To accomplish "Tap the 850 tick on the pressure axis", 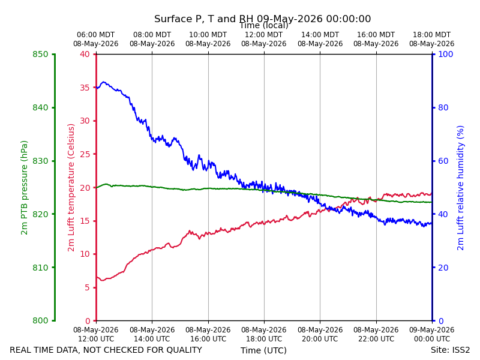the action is (40, 54).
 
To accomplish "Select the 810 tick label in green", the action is (40, 268).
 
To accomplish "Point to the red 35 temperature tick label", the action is (85, 88).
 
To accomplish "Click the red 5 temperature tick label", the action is (87, 287).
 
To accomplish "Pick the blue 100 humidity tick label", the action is (445, 54).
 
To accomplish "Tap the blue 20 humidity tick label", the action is (443, 268).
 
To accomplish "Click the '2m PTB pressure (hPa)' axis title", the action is (24, 188).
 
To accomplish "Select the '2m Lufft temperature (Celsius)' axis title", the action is (71, 188).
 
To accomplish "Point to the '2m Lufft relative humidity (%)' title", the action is (460, 188).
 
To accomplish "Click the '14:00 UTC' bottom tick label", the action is (152, 339).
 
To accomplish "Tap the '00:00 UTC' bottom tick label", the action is (432, 339).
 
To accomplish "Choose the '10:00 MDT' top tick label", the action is (208, 35).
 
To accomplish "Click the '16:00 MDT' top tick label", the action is (376, 35).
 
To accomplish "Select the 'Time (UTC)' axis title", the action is (263, 350).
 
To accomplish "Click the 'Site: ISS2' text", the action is (450, 350).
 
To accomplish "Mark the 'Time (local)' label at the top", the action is (264, 25).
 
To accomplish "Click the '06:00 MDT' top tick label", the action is (95, 35).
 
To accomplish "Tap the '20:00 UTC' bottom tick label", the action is (320, 339).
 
